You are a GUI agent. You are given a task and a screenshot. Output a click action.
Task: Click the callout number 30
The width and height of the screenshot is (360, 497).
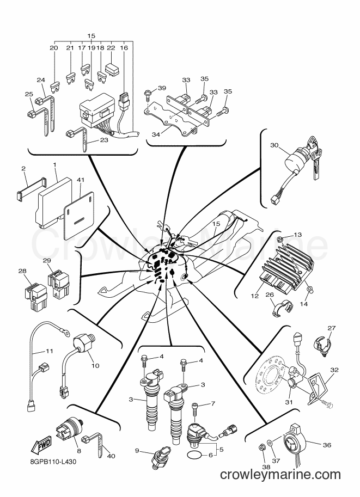coord(274,145)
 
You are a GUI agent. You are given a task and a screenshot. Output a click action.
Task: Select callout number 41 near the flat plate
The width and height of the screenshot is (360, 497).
coord(81,180)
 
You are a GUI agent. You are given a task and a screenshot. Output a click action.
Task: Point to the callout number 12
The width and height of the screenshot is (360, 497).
coord(255,296)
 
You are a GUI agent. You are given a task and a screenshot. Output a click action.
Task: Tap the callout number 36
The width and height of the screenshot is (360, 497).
coord(327,445)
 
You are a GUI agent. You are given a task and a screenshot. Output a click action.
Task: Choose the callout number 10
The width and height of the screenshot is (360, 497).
coord(95,365)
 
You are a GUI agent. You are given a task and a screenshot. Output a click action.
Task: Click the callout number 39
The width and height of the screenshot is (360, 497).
coord(162,88)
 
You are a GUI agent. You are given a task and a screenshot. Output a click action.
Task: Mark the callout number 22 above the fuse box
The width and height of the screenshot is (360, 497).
coord(111,48)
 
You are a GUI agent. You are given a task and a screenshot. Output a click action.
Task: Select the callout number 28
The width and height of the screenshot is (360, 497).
coord(22,271)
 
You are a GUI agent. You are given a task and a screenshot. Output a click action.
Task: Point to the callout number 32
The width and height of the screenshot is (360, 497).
coord(334,370)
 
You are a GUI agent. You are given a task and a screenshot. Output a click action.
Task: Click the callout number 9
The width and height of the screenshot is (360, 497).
coord(137,450)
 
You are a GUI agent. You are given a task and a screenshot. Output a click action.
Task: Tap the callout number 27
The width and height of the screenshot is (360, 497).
coord(331,328)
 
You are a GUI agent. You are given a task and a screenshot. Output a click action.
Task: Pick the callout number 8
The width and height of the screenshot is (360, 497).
coord(78,451)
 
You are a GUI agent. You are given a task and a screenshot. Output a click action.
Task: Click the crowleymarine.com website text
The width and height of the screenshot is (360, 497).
coord(280,475)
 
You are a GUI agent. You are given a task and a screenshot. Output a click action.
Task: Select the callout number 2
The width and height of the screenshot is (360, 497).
coord(23,169)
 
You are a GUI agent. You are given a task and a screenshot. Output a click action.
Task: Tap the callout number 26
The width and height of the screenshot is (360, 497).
coord(270,296)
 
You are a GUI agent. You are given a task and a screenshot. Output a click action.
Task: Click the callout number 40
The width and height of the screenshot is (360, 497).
coord(111,456)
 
